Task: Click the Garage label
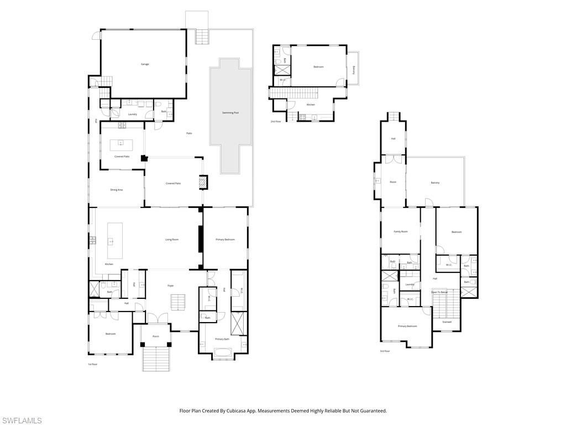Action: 145,64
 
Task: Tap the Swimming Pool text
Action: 230,112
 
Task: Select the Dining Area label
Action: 116,190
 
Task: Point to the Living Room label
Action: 172,240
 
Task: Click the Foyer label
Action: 171,286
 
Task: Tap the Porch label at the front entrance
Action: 156,336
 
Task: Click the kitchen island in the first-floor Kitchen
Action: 114,241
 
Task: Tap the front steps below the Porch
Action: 156,359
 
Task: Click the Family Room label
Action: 400,231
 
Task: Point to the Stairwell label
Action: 447,322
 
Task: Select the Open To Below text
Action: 439,292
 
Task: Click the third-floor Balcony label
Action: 436,183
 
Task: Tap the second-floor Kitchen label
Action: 311,105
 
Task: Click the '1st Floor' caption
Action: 92,364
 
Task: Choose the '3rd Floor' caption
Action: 385,351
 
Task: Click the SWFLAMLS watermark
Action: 22,421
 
